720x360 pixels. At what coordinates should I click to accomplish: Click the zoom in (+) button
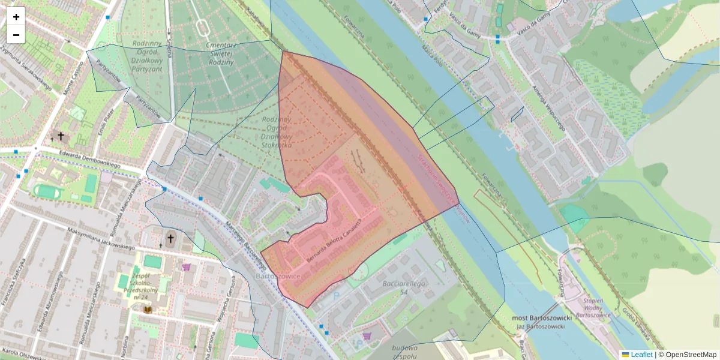click(x=16, y=17)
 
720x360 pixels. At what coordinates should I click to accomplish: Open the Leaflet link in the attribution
click(x=641, y=355)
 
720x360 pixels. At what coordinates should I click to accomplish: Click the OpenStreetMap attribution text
click(x=691, y=355)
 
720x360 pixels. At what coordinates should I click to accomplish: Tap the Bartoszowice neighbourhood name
click(x=276, y=277)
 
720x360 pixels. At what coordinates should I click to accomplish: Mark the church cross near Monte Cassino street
click(x=60, y=136)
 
